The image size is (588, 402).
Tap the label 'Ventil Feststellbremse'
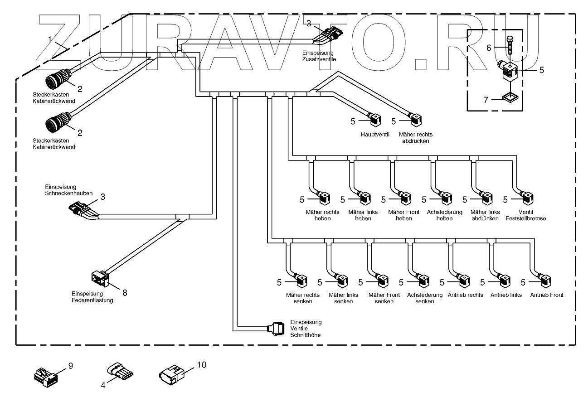(x=525, y=215)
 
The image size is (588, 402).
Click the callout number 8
(x=125, y=293)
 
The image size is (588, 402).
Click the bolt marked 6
(x=509, y=46)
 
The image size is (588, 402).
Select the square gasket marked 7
(x=510, y=97)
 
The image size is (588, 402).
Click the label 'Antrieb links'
(x=506, y=295)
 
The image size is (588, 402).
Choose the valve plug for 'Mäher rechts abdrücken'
(x=416, y=121)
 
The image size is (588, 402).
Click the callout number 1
(x=50, y=39)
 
